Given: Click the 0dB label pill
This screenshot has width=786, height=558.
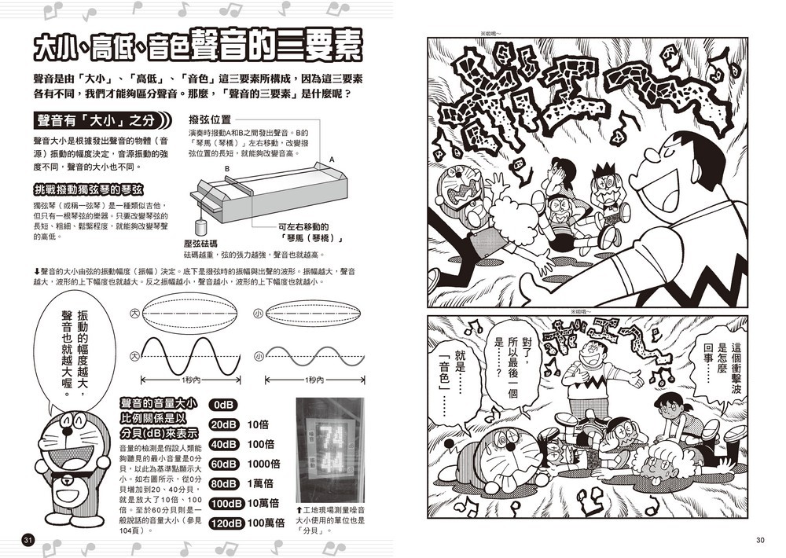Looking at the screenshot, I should (223, 405).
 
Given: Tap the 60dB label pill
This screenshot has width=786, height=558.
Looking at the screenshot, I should (223, 464).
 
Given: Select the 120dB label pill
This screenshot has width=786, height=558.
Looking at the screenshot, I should (226, 523).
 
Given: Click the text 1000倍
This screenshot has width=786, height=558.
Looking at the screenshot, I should (263, 464).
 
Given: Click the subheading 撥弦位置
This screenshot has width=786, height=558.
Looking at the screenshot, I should (210, 119).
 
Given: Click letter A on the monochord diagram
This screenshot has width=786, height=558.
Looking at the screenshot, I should (332, 160).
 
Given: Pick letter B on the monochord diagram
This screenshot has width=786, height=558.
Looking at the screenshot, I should (226, 169).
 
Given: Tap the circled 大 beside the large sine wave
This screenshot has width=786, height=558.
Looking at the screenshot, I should (135, 357).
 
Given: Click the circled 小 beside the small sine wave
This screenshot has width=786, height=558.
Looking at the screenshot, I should (259, 357).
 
